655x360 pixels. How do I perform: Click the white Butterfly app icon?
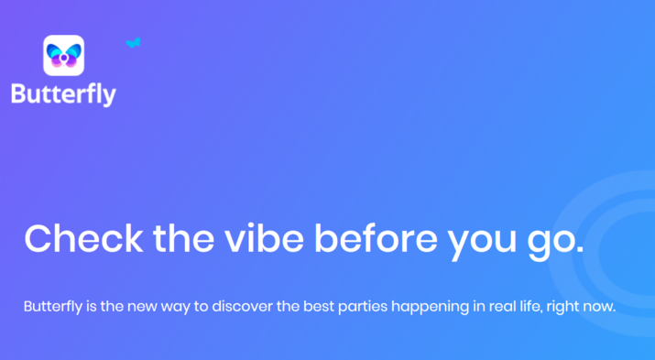(63, 55)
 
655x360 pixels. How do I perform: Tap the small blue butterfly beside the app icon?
(133, 43)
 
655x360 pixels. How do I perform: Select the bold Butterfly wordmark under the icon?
(63, 94)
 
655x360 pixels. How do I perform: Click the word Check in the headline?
(83, 238)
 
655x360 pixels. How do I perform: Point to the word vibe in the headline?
(265, 238)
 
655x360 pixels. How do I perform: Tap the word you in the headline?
(482, 243)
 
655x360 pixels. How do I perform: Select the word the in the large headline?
(184, 238)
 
